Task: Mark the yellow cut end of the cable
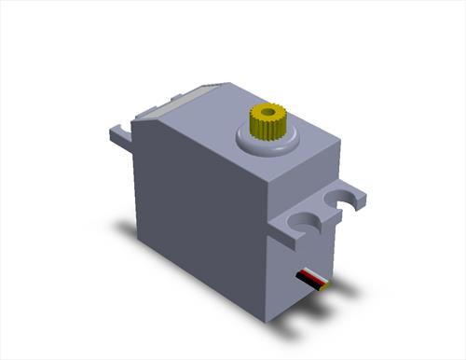325,285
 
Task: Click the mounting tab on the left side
121,136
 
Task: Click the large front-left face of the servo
200,215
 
